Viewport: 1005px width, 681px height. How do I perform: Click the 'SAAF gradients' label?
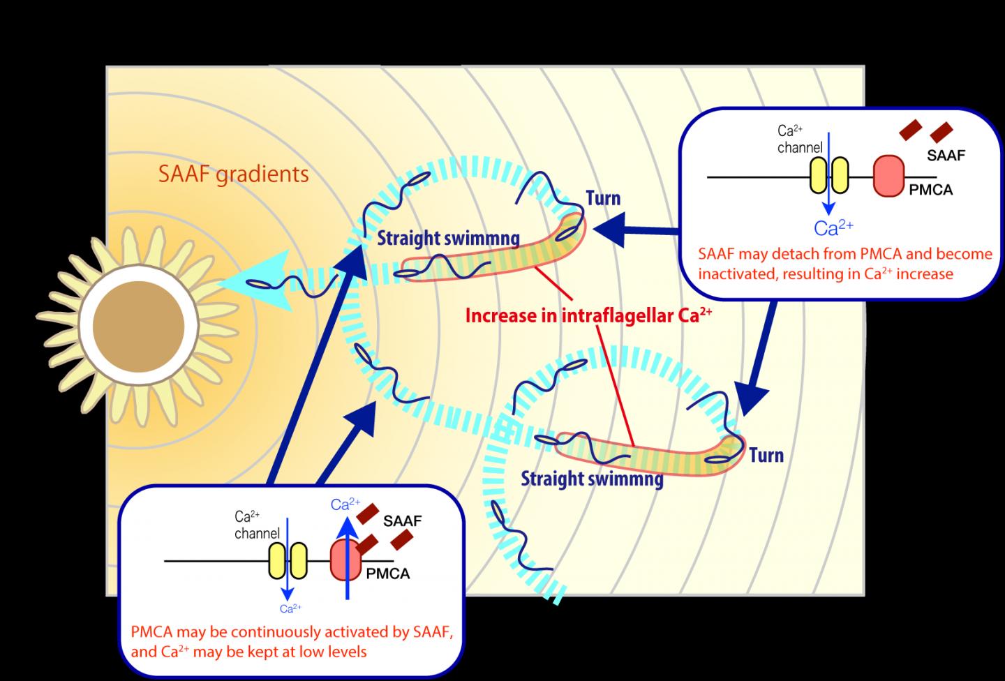(233, 173)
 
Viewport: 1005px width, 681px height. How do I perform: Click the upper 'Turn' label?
(603, 198)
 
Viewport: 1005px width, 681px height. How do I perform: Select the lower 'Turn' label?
(766, 456)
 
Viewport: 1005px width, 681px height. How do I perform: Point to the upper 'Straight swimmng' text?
(448, 239)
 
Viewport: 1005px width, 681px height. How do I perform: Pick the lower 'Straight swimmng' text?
(592, 479)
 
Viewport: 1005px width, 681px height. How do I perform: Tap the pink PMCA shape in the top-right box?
(888, 177)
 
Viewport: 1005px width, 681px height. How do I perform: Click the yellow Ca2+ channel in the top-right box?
(828, 174)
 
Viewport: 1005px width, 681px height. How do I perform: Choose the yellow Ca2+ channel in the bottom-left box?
(288, 560)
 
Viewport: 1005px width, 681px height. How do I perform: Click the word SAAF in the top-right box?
(946, 155)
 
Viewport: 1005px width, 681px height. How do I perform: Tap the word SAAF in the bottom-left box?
(402, 521)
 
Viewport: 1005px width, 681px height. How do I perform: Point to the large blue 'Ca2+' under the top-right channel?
(834, 227)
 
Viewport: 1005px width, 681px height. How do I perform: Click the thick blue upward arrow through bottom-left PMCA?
(346, 558)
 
